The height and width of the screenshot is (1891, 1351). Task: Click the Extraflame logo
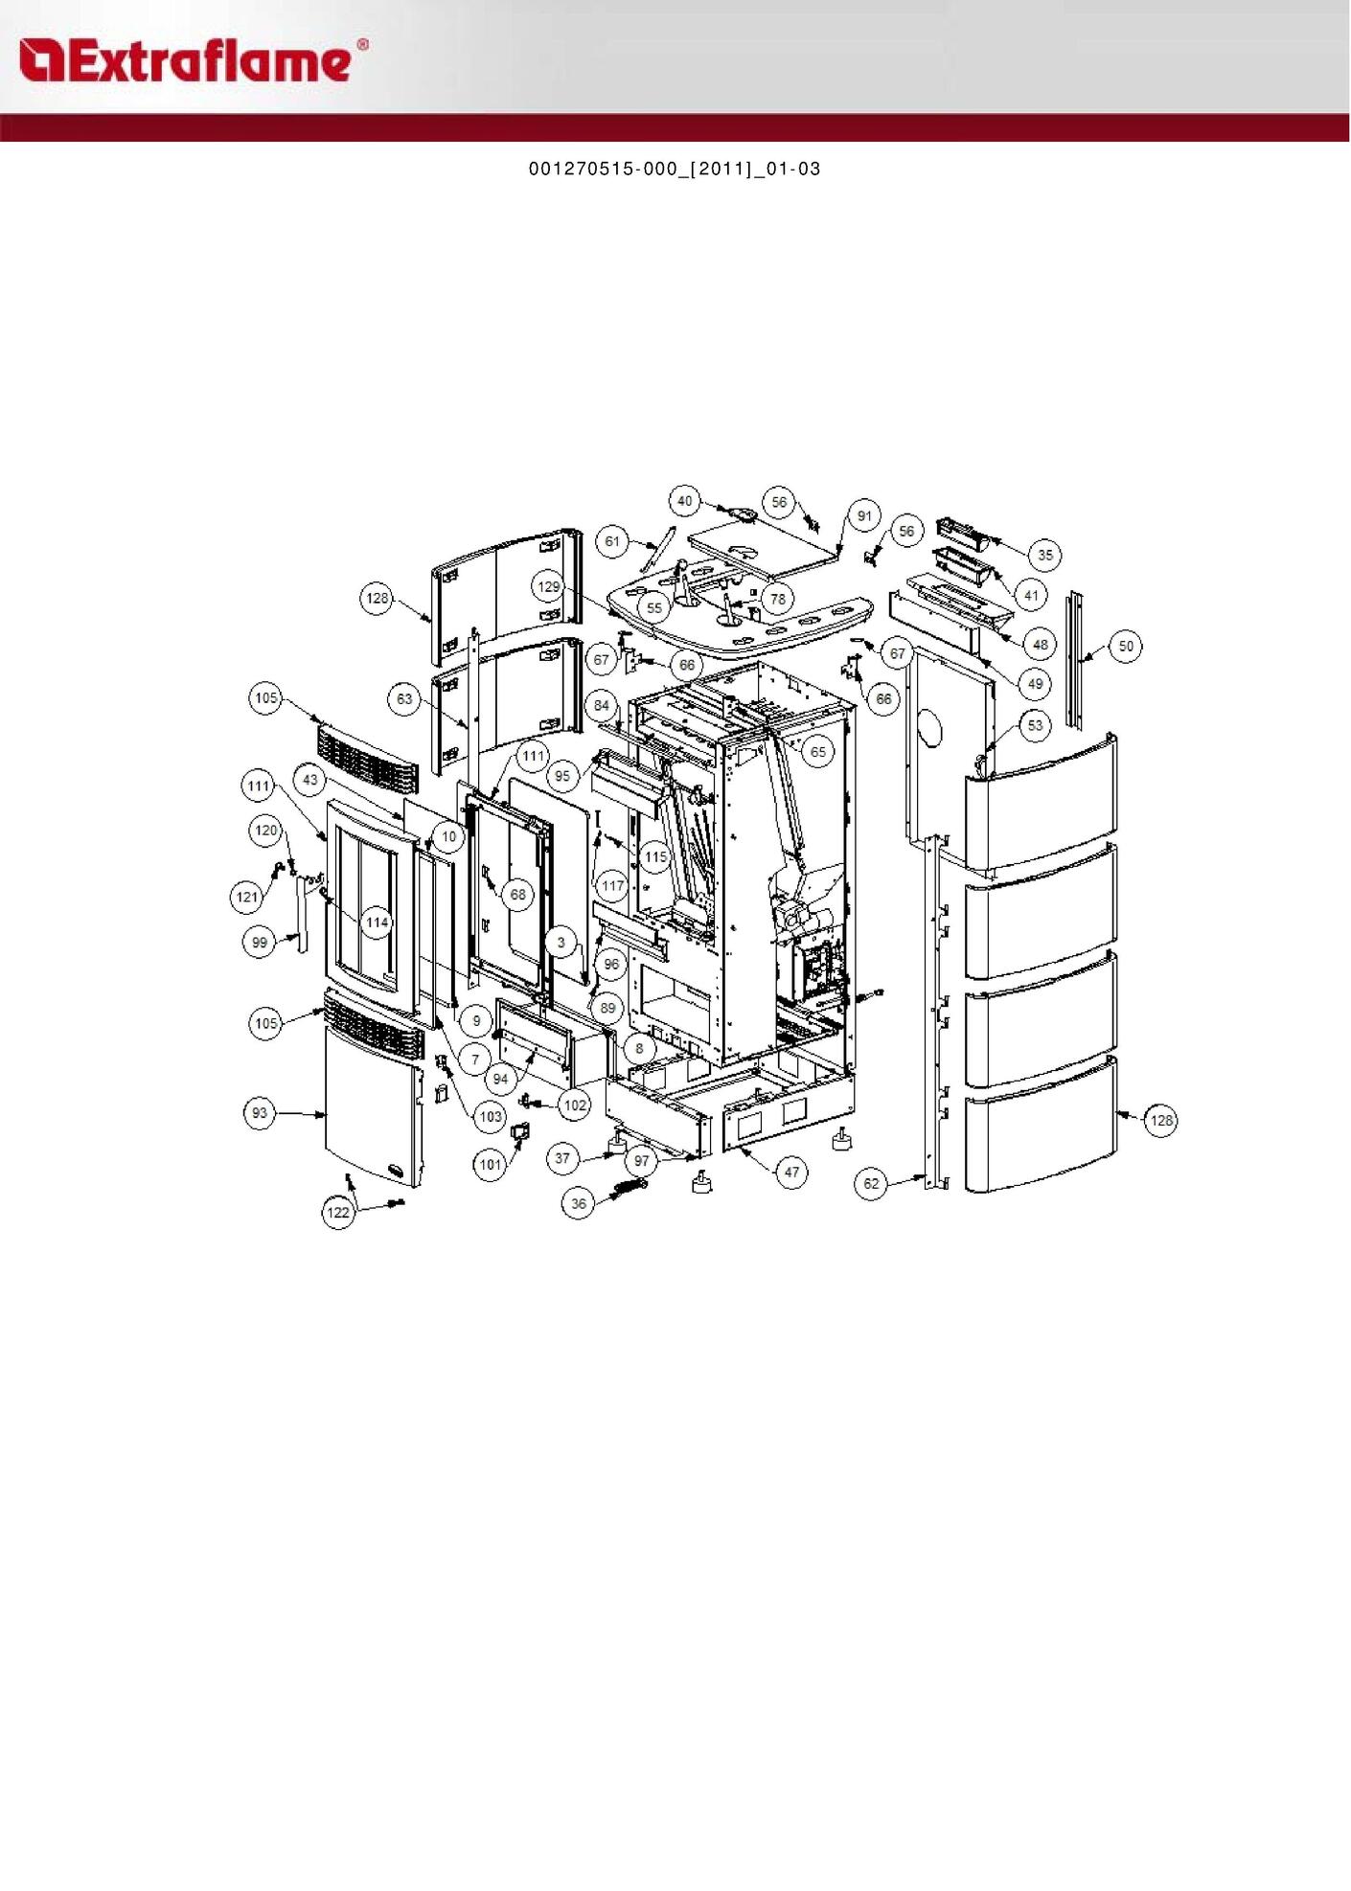click(193, 61)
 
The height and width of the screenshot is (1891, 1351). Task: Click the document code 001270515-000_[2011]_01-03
click(675, 170)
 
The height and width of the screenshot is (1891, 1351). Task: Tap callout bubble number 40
click(684, 501)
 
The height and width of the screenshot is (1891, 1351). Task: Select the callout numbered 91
click(865, 516)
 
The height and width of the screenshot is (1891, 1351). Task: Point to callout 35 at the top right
click(1045, 555)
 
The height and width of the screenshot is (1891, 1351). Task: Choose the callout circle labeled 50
click(1126, 647)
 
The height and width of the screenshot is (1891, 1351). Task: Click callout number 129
click(548, 587)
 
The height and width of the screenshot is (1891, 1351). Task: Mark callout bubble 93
click(260, 1113)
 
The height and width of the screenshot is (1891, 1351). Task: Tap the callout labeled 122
click(338, 1213)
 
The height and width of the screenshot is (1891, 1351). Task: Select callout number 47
click(791, 1173)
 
